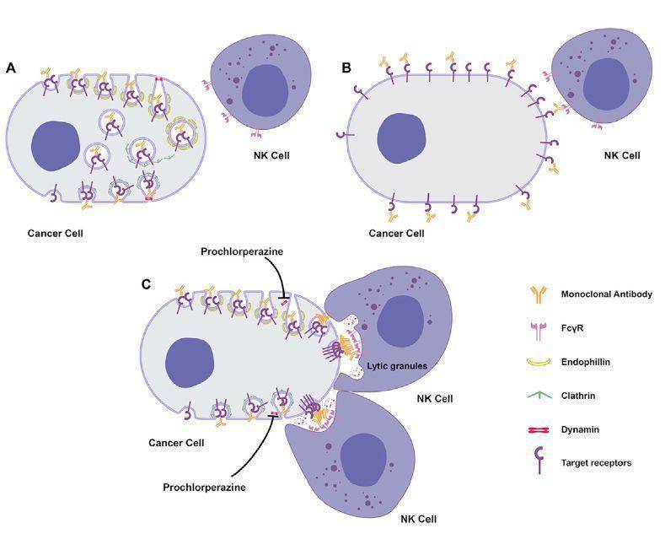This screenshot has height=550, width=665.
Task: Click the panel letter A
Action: pos(11,67)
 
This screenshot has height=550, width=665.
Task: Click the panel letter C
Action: pos(146,283)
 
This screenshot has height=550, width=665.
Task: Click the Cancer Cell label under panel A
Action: pos(55,232)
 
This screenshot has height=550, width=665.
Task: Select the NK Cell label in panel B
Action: pos(622,155)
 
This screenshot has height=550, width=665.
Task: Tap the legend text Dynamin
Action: pos(580,429)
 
